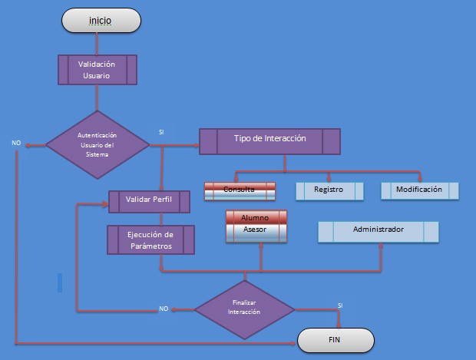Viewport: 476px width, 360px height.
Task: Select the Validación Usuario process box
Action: click(98, 70)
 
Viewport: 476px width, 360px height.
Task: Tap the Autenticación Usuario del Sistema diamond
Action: click(98, 144)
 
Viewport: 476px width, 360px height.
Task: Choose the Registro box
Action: click(329, 190)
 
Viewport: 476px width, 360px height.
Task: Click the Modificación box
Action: click(419, 190)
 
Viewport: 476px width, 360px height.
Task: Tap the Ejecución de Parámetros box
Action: click(150, 239)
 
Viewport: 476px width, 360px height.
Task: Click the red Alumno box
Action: click(256, 217)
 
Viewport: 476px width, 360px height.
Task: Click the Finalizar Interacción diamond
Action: click(244, 308)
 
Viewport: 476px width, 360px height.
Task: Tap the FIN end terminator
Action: click(336, 339)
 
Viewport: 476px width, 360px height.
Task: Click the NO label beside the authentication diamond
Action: click(16, 144)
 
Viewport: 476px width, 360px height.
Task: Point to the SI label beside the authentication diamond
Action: click(161, 132)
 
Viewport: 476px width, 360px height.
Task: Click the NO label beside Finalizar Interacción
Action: click(164, 309)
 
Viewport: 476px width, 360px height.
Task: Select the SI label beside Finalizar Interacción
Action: click(339, 306)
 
